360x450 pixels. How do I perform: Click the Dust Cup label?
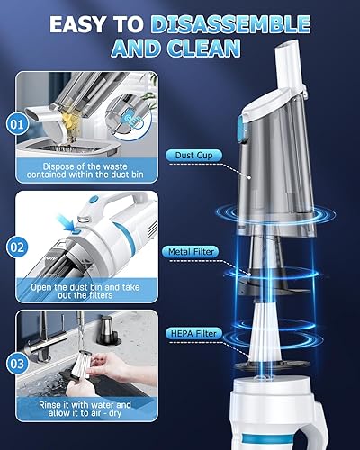point(193,154)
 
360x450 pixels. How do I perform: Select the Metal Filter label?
point(193,251)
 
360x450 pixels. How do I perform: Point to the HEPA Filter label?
point(193,334)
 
